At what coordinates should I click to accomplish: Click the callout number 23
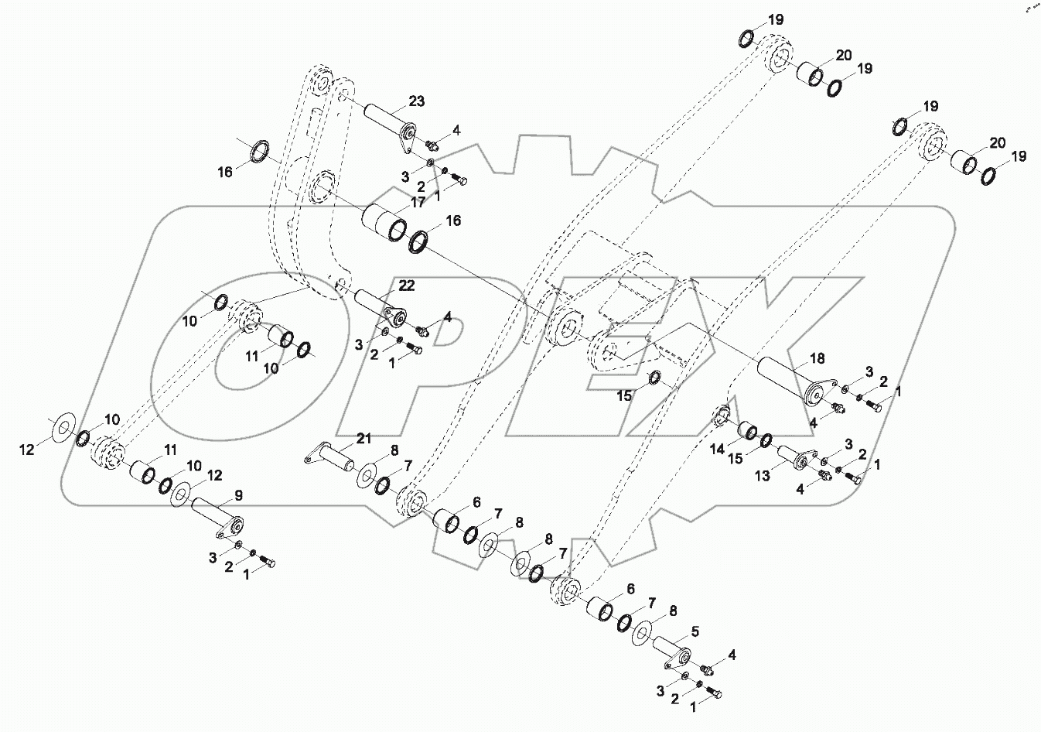click(x=417, y=101)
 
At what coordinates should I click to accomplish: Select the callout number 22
click(x=407, y=286)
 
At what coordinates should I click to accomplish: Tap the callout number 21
click(x=363, y=440)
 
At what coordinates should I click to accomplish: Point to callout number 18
click(x=817, y=359)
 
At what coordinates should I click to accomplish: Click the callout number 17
click(x=418, y=203)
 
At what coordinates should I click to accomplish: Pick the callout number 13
click(x=763, y=476)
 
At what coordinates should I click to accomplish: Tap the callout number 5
click(x=695, y=631)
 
